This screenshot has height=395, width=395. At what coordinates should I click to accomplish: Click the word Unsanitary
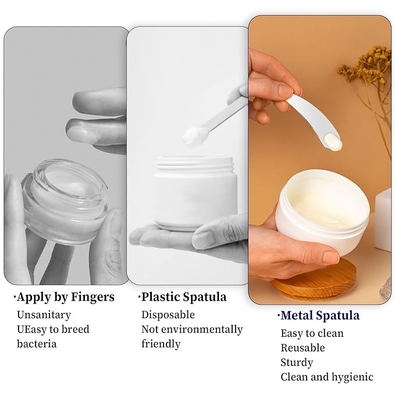44,315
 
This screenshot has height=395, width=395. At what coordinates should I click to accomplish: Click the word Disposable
168,315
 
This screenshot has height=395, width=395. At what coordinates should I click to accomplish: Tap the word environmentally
202,329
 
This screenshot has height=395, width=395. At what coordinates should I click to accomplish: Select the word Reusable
303,348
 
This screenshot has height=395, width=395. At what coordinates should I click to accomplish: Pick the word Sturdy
297,362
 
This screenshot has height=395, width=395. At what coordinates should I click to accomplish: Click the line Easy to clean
312,333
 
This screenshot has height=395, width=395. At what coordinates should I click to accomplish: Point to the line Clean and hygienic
327,377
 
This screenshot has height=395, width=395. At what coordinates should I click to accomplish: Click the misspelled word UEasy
33,329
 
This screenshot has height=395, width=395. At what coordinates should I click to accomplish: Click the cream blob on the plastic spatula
192,137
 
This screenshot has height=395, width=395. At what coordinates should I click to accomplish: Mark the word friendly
161,344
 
